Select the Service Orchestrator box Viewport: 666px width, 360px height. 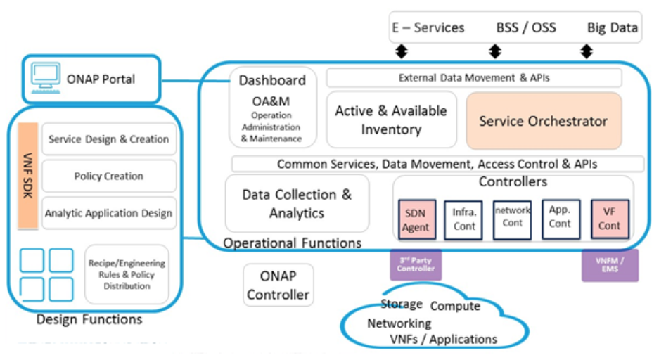pos(544,121)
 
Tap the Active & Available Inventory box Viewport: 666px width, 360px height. pos(391,120)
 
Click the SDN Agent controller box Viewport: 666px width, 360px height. pos(417,219)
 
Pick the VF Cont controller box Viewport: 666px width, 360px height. pos(609,219)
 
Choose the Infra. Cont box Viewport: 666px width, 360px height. pos(464,219)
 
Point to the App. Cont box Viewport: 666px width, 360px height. pos(561,219)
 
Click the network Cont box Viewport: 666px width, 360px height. pos(512,219)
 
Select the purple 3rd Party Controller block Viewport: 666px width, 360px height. pos(416,264)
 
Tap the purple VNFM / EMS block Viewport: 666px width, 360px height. pos(610,264)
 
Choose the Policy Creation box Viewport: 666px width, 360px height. pos(108,176)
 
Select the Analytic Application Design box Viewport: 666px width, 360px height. pos(108,213)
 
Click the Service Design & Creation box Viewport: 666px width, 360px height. pos(108,139)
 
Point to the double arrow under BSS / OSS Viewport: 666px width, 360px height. pos(495,51)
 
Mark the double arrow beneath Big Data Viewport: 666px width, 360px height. pos(586,51)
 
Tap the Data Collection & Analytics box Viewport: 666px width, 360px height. pos(297,203)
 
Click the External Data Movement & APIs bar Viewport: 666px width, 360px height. pos(474,77)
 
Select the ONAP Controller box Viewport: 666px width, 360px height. pos(278,286)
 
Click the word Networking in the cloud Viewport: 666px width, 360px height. pos(399,323)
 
